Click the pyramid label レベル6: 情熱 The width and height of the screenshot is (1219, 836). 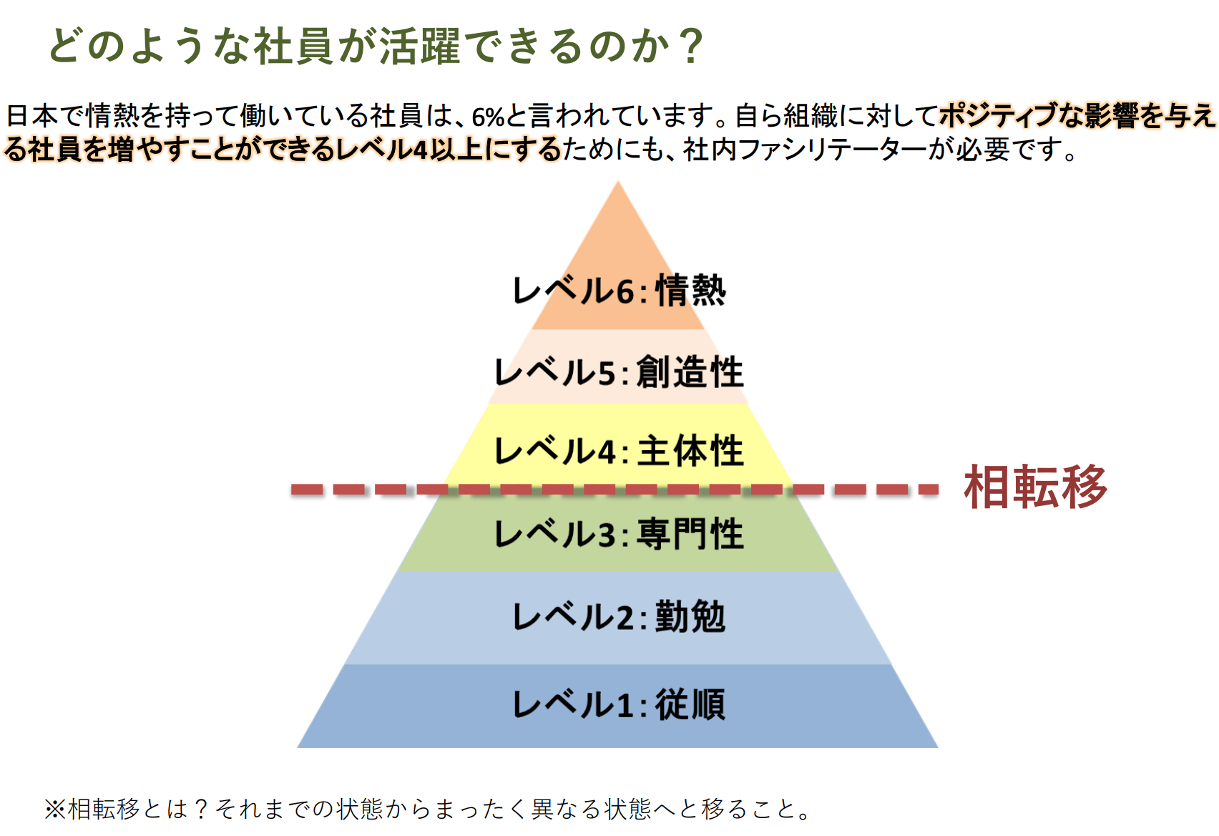click(x=619, y=291)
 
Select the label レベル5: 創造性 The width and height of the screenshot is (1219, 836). click(x=619, y=372)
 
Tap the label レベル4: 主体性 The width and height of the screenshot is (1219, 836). click(x=619, y=452)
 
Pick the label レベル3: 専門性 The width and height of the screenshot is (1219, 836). click(x=619, y=534)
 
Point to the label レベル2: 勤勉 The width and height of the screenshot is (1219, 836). click(x=619, y=617)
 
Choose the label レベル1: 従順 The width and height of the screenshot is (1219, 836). click(x=619, y=704)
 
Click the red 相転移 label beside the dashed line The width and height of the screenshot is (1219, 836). click(x=1035, y=488)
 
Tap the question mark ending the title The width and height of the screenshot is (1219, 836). click(x=692, y=47)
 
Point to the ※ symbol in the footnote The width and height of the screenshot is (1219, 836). click(x=55, y=810)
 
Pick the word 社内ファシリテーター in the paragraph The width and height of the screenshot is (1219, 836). click(x=805, y=150)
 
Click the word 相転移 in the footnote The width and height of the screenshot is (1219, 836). click(x=104, y=810)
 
